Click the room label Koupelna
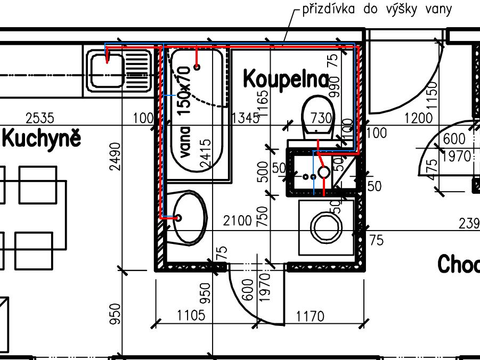coord(286,79)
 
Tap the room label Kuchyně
coord(42,138)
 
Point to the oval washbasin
coord(189,217)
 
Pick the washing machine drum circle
coord(326,227)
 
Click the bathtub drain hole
coord(197,67)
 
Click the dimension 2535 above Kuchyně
coord(40,117)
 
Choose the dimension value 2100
coord(237,220)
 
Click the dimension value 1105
coord(191,315)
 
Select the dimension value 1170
coord(310,317)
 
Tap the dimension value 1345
coord(246,117)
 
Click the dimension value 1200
coord(419,118)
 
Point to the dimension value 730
coord(321,118)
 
